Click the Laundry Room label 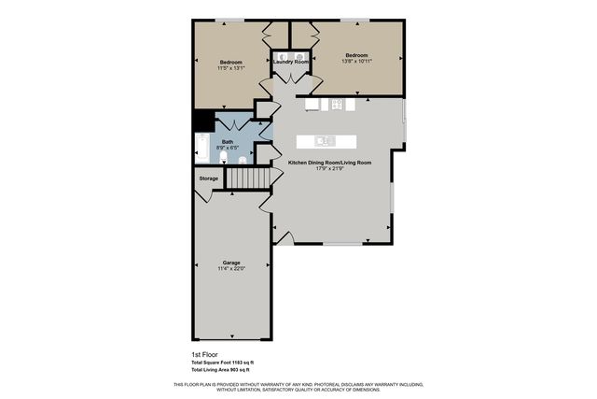(291, 62)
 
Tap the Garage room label (231, 263)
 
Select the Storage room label (209, 178)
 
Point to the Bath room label (227, 142)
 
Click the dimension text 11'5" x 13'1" (230, 68)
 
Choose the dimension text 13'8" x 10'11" (356, 62)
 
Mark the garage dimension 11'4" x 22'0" (231, 269)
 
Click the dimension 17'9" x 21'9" (330, 169)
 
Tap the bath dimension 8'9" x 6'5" (227, 148)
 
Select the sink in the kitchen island (326, 141)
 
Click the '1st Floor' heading (192, 355)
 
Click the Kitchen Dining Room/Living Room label (330, 163)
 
